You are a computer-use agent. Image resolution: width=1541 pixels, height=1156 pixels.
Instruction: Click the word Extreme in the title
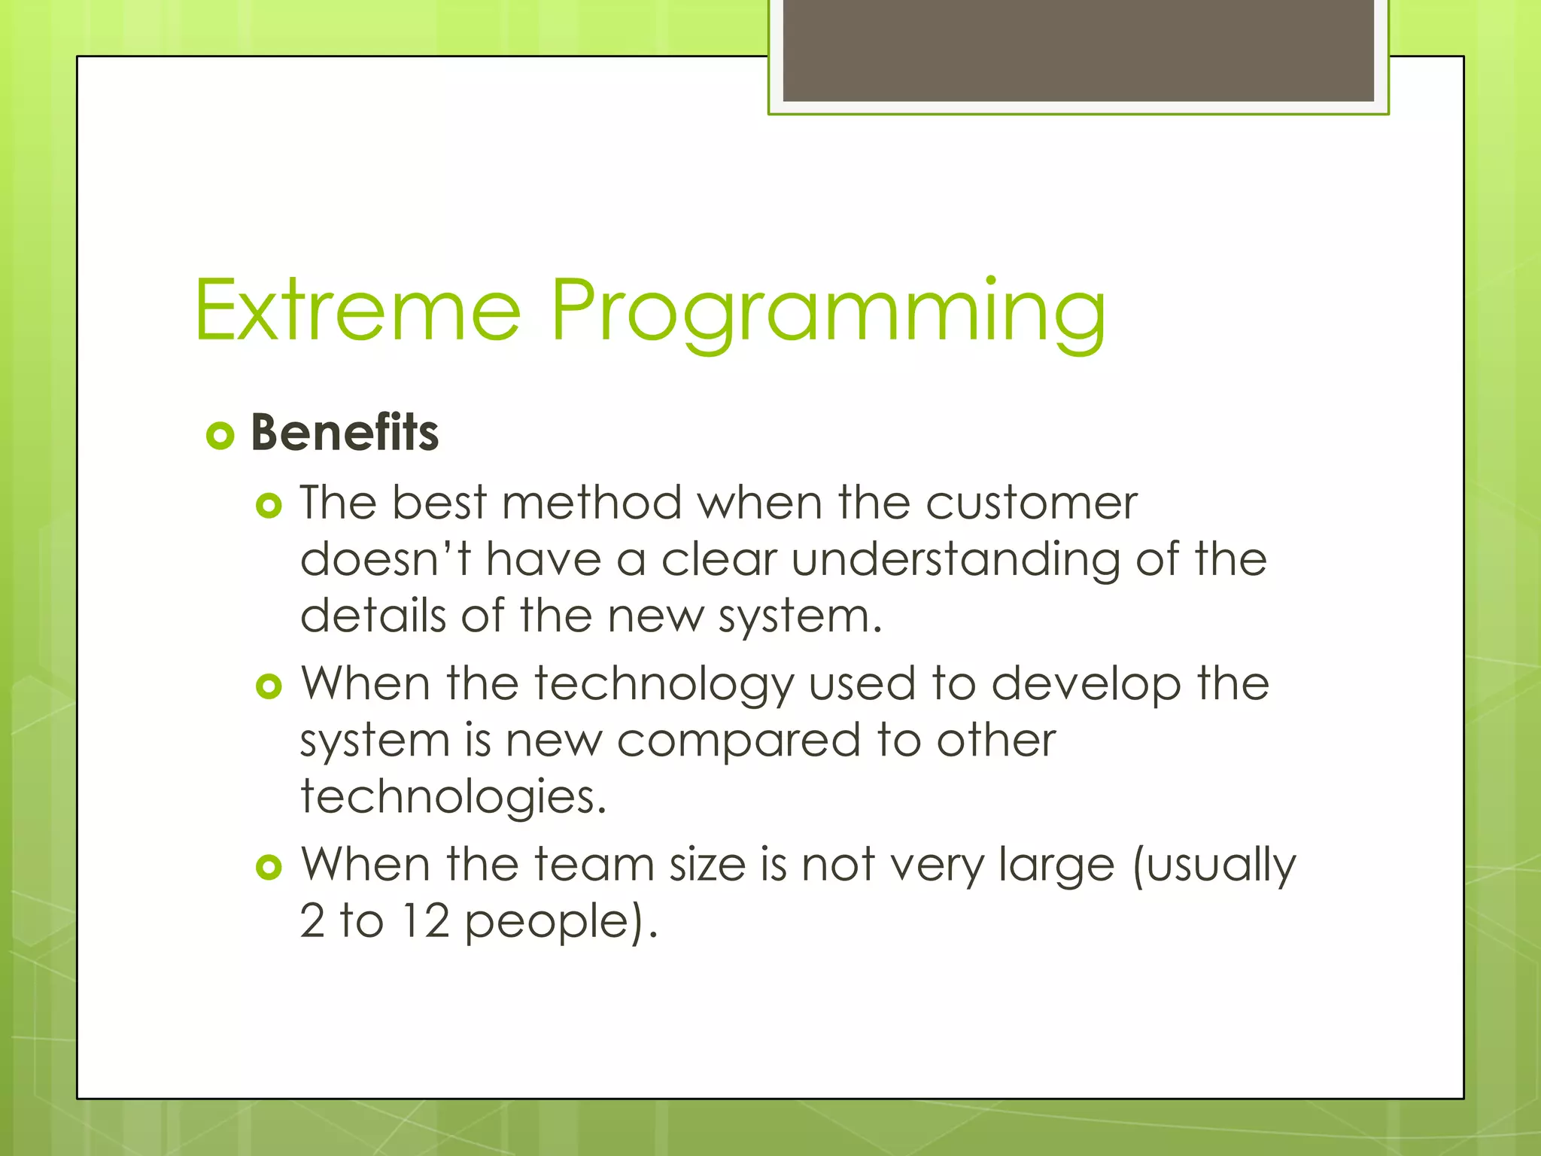click(x=357, y=310)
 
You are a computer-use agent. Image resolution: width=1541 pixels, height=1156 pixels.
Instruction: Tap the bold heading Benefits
click(x=345, y=433)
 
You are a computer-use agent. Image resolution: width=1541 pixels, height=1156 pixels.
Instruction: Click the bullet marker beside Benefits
click(x=220, y=435)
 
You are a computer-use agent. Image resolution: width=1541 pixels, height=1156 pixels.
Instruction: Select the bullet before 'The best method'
click(x=269, y=505)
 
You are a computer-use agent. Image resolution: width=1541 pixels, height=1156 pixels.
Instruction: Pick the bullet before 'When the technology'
click(x=269, y=686)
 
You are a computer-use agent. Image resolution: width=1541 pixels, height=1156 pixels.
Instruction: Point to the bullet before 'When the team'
click(x=269, y=867)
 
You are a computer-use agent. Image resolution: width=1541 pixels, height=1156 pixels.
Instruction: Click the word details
click(x=373, y=616)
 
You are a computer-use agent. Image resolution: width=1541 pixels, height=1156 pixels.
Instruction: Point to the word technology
click(x=664, y=685)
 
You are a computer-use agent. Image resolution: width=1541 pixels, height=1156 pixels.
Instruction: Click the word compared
click(x=738, y=741)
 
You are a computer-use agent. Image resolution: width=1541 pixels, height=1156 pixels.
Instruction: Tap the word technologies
click(x=453, y=798)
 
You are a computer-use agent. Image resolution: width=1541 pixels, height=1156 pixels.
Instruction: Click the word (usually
click(x=1214, y=865)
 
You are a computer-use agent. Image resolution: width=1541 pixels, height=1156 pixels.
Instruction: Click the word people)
click(x=561, y=923)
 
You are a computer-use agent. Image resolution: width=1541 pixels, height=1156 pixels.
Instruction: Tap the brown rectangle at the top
click(x=1078, y=50)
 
